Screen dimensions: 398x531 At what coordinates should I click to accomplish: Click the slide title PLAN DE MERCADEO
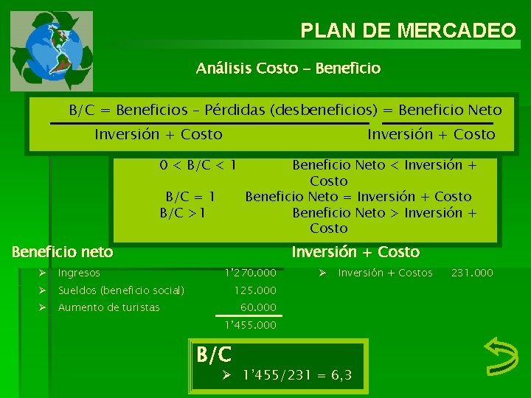tap(408, 30)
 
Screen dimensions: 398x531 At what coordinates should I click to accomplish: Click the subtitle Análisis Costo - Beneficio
tap(288, 69)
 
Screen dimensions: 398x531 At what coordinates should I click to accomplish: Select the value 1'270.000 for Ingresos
tap(250, 273)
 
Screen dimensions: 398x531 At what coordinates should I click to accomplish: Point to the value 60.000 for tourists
tap(258, 307)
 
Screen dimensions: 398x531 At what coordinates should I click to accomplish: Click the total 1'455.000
tap(250, 324)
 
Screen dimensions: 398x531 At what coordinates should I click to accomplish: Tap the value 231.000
tap(472, 273)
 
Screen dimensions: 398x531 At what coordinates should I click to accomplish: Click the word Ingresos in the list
tap(79, 273)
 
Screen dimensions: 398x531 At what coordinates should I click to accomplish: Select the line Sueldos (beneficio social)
tap(121, 290)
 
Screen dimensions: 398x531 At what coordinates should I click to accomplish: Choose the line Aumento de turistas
tap(108, 307)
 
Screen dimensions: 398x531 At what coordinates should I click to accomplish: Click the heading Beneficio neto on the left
tap(63, 252)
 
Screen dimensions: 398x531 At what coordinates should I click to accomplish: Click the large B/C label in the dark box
tap(214, 355)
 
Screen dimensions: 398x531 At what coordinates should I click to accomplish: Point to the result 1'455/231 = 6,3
tap(297, 376)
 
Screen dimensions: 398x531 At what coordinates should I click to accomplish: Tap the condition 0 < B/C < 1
tap(198, 165)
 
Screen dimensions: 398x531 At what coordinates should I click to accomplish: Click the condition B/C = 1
tap(190, 197)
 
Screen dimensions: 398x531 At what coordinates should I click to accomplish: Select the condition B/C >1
tap(183, 213)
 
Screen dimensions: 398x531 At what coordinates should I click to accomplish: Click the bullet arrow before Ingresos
tap(45, 273)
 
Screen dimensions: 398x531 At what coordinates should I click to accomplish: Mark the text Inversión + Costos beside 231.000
tap(385, 273)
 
